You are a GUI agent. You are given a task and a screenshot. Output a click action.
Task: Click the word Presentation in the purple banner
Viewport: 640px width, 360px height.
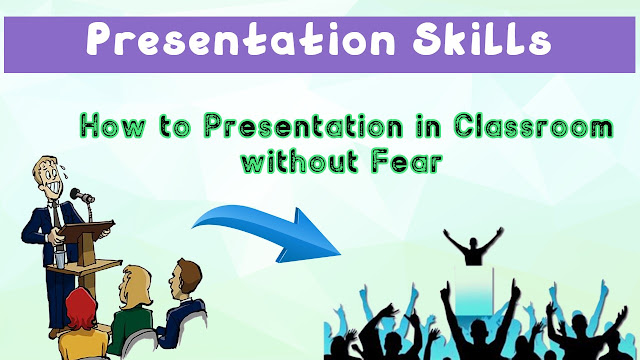pyautogui.click(x=241, y=40)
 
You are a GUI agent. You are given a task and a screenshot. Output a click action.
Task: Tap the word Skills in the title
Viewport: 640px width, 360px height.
pyautogui.click(x=482, y=39)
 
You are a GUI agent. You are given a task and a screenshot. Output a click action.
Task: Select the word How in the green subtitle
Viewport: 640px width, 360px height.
pyautogui.click(x=112, y=125)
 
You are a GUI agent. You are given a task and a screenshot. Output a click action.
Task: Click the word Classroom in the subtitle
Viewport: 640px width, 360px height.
pyautogui.click(x=534, y=126)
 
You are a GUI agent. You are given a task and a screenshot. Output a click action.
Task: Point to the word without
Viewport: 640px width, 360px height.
pyautogui.click(x=300, y=160)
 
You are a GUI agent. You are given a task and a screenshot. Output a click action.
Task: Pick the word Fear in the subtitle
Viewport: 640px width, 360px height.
pyautogui.click(x=407, y=161)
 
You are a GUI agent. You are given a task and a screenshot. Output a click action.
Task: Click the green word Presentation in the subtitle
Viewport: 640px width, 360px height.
pyautogui.click(x=304, y=126)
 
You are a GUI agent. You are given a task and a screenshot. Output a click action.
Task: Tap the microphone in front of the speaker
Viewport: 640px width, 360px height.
pyautogui.click(x=82, y=196)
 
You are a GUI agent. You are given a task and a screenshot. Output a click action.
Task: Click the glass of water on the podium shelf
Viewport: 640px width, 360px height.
pyautogui.click(x=60, y=259)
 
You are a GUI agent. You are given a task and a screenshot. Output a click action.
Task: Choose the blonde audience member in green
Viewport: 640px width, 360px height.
pyautogui.click(x=131, y=310)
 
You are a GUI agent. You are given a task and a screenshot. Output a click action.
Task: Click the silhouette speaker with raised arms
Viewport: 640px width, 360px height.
pyautogui.click(x=473, y=246)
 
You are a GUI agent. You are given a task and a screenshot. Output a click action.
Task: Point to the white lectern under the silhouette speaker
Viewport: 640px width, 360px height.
pyautogui.click(x=473, y=291)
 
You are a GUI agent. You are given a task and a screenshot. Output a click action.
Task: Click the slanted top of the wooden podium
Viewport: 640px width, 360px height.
pyautogui.click(x=87, y=228)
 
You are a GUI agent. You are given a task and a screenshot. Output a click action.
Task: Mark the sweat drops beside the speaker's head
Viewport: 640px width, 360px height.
pyautogui.click(x=63, y=170)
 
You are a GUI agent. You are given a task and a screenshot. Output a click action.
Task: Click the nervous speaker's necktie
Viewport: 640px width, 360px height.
pyautogui.click(x=56, y=216)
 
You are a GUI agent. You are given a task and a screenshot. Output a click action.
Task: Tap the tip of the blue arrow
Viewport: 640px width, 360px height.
pyautogui.click(x=341, y=254)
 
